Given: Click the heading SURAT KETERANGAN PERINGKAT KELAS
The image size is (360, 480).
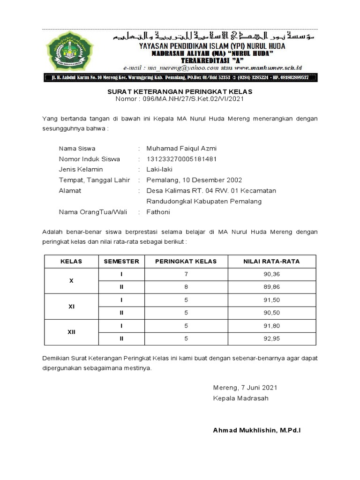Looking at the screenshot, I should [x=180, y=91].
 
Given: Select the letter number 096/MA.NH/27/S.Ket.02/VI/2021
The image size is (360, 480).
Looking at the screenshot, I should [x=192, y=99].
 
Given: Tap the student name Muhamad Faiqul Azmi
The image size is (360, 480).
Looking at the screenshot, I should [x=181, y=149].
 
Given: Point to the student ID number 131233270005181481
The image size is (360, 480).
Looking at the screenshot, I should [x=181, y=159].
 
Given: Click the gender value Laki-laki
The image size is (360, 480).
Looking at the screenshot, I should [x=160, y=169].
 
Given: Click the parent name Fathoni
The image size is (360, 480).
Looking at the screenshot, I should [x=158, y=212].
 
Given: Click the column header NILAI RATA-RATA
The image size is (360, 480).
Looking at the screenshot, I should [x=271, y=261].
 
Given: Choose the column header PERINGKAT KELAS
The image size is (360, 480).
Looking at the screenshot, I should [x=186, y=261].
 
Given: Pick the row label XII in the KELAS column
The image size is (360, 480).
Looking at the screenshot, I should [x=71, y=332].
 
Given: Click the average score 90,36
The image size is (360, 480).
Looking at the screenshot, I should [x=272, y=274].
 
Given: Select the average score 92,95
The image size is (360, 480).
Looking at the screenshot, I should [x=272, y=338].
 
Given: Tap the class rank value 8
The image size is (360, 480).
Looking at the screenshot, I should [x=186, y=287].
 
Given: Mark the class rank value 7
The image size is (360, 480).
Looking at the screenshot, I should [x=186, y=274].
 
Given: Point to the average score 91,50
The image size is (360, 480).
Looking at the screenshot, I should [x=272, y=300].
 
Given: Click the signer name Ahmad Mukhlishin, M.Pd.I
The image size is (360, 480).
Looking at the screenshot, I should [x=256, y=430].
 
